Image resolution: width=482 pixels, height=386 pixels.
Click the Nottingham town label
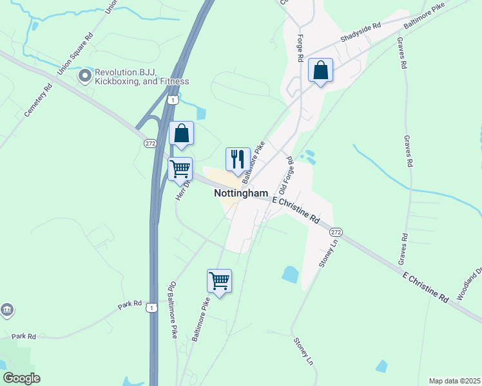240,193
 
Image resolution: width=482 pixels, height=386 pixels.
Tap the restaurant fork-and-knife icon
237,160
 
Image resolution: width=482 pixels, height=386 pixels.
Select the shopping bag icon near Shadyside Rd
320,71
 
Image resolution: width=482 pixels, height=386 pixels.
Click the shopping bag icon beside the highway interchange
182,134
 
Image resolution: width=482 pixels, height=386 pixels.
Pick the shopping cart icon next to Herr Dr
180,170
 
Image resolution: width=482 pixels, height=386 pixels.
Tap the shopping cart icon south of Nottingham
219,281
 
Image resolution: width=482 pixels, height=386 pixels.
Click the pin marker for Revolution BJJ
84,76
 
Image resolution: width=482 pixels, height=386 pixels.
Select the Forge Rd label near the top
300,48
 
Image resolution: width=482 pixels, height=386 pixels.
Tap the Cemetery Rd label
37,102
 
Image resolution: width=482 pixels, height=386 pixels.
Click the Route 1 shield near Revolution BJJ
172,100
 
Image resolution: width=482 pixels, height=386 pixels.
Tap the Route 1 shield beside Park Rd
151,308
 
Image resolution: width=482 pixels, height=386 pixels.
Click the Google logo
21,378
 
